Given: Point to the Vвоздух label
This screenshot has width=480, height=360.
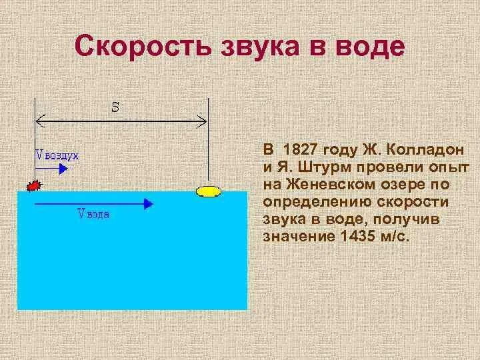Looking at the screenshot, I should [57, 155].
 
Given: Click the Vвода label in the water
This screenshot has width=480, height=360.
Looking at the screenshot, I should [94, 214].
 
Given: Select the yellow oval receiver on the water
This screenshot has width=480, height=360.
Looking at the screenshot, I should [209, 193].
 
